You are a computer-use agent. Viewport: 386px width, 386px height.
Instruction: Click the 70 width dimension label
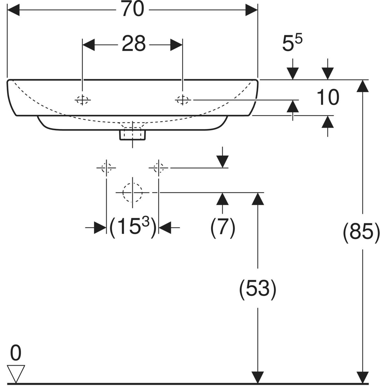coord(133,9)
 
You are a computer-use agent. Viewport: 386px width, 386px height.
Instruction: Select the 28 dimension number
coord(133,44)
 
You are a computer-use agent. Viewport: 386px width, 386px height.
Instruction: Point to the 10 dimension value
coord(328,97)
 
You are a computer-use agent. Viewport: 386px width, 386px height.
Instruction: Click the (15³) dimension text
coord(133,227)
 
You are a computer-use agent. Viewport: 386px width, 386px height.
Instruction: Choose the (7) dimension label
coord(223,228)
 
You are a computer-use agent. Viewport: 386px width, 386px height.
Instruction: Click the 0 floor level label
coord(16,353)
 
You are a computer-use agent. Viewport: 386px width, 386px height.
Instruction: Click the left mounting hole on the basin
coord(82,100)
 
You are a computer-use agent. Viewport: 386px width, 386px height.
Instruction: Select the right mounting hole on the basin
coord(182,100)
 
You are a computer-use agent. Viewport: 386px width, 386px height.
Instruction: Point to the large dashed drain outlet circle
coord(133,192)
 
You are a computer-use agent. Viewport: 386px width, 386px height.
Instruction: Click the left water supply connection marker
coord(106,168)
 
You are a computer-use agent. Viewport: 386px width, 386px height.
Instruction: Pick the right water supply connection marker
coord(159,168)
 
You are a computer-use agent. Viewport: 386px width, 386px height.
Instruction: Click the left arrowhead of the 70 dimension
coord(13,9)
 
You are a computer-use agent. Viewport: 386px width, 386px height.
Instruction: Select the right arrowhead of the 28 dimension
coord(176,45)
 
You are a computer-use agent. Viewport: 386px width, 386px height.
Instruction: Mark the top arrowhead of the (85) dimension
coord(363,86)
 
